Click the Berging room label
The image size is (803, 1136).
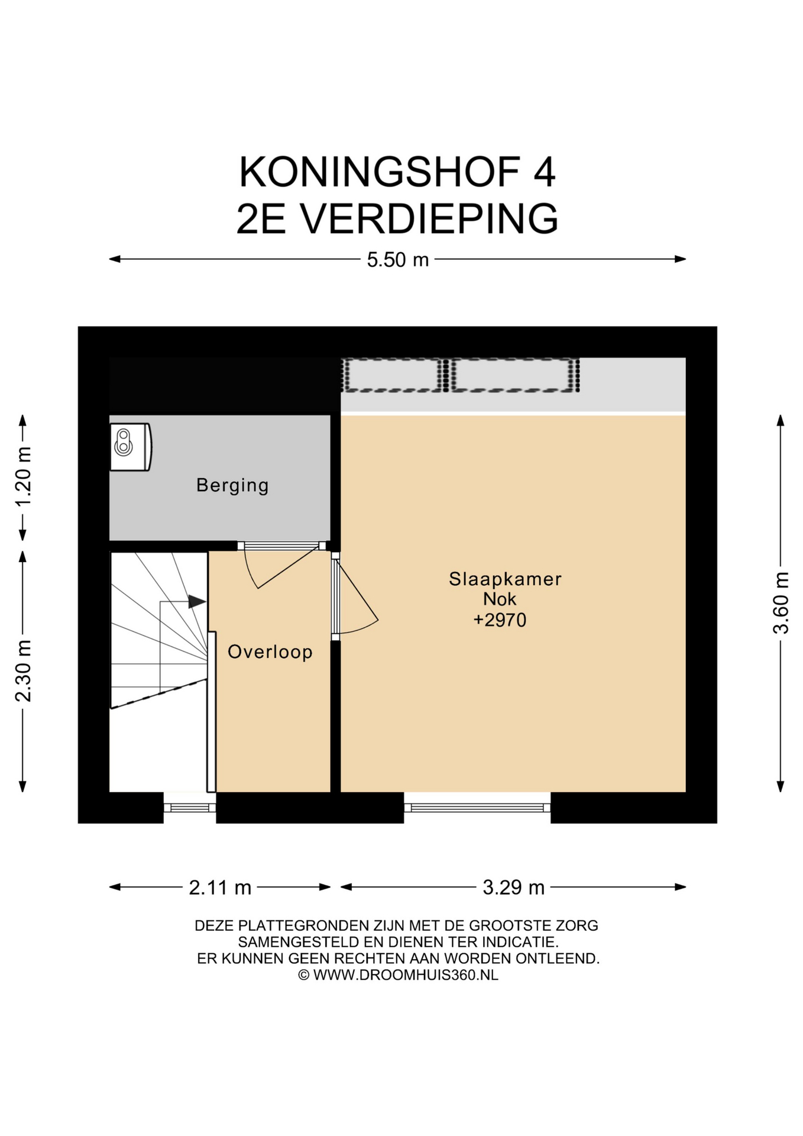pyautogui.click(x=232, y=486)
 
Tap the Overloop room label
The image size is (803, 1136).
pyautogui.click(x=270, y=652)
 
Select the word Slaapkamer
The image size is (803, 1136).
pyautogui.click(x=505, y=579)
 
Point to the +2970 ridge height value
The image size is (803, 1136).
pyautogui.click(x=500, y=620)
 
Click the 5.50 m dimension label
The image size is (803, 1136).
pyautogui.click(x=397, y=260)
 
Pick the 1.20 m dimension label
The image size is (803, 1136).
pyautogui.click(x=24, y=477)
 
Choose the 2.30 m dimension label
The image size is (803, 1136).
pyautogui.click(x=24, y=671)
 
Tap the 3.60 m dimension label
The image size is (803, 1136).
pyautogui.click(x=781, y=603)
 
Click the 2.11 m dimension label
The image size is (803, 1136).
pyautogui.click(x=220, y=887)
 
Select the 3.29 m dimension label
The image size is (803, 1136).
pyautogui.click(x=513, y=887)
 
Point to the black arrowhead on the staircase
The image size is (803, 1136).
pyautogui.click(x=197, y=602)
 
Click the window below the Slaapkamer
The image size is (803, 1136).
pyautogui.click(x=477, y=808)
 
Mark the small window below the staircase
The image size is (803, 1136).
pyautogui.click(x=190, y=808)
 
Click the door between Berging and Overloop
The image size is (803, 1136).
pyautogui.click(x=281, y=566)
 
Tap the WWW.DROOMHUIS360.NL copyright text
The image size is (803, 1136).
pyautogui.click(x=406, y=975)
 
